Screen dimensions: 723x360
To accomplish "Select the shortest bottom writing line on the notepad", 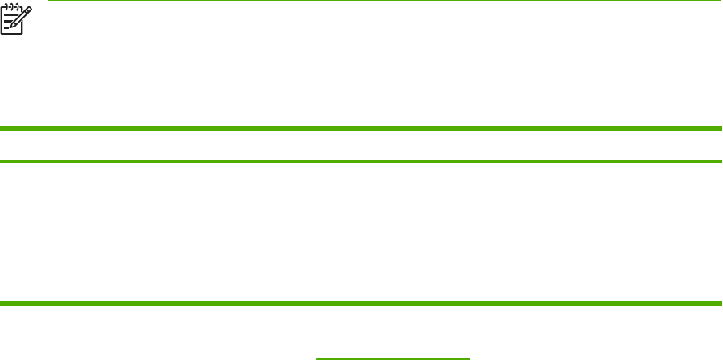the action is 6,28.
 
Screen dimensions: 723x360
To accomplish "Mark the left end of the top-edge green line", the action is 49,1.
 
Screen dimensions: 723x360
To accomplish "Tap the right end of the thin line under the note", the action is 552,80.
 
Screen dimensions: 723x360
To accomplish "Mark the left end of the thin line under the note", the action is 49,80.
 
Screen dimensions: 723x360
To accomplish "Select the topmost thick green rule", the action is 361,128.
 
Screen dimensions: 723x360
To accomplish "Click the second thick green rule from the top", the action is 361,162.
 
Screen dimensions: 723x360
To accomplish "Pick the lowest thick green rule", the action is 361,303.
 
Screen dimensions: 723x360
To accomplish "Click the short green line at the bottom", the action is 392,358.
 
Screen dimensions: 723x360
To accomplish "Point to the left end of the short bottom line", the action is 317,358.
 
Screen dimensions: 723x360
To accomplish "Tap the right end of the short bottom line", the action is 468,358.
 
